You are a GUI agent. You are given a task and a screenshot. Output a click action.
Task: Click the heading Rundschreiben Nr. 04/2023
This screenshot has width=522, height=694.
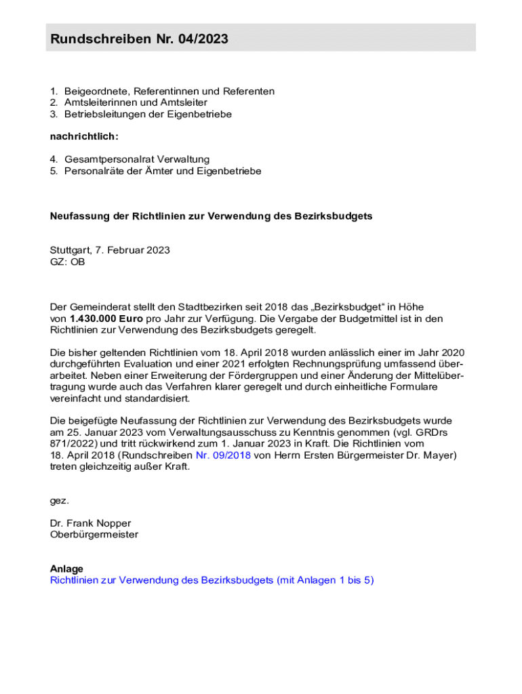139,39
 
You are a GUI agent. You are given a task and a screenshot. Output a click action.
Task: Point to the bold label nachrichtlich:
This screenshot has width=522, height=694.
84,137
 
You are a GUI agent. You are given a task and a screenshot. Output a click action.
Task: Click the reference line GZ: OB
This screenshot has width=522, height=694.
68,262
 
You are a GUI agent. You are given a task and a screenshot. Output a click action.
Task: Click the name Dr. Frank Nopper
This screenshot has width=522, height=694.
90,523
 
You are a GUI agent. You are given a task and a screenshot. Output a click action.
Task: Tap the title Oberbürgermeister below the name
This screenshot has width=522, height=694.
94,535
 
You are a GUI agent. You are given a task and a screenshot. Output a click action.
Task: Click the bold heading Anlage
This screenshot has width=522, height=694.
66,569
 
